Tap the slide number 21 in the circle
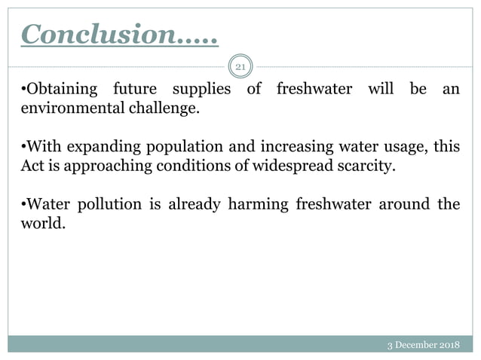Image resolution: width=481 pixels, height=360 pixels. pyautogui.click(x=240, y=68)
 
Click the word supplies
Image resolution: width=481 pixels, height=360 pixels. pyautogui.click(x=201, y=90)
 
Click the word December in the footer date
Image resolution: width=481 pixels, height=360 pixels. pyautogui.click(x=420, y=346)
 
